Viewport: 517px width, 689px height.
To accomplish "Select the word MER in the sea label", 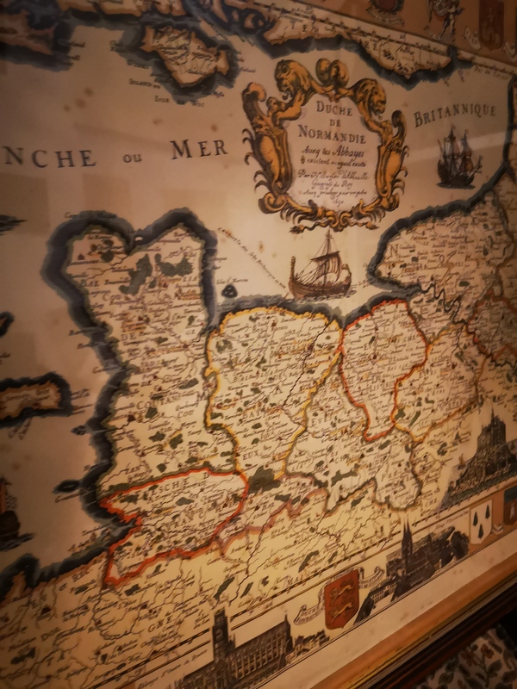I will point(199,148).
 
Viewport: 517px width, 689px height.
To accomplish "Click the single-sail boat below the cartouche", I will point(321,269).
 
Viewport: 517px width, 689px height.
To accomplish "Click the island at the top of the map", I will point(188,53).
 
